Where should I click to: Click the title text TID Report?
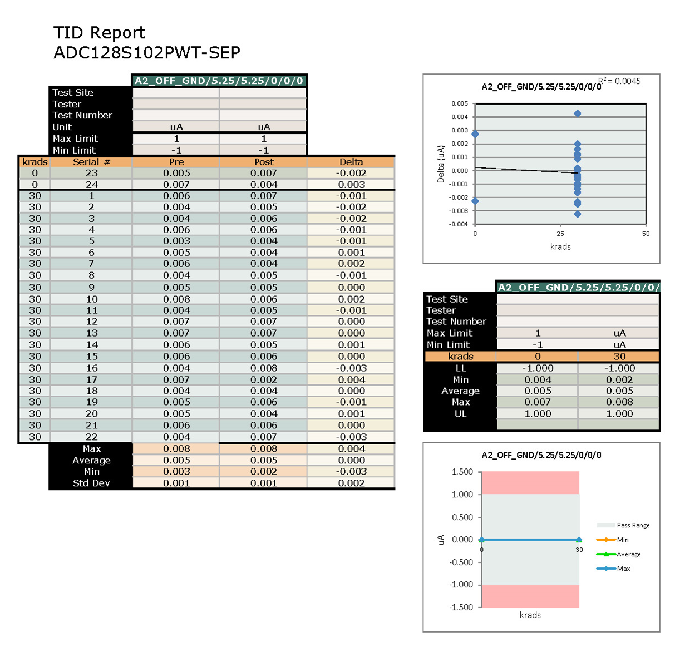[x=99, y=33]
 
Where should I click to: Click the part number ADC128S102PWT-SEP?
[x=146, y=53]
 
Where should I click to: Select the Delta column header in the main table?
[x=351, y=162]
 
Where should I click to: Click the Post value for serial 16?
[x=264, y=368]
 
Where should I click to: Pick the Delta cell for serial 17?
[x=351, y=379]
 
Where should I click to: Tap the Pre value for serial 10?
[x=176, y=299]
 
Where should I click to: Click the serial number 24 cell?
[x=92, y=184]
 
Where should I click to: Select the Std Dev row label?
[x=91, y=483]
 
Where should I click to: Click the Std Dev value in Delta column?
[x=351, y=483]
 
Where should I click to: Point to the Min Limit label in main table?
[x=74, y=150]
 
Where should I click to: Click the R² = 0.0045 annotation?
[x=620, y=81]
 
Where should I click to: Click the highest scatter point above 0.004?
[x=577, y=113]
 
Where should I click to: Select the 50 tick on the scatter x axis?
[x=646, y=234]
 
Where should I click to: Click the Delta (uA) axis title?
[x=441, y=164]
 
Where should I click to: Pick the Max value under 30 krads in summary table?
[x=619, y=402]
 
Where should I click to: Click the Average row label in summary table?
[x=460, y=391]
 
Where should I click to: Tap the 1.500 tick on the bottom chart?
[x=462, y=472]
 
